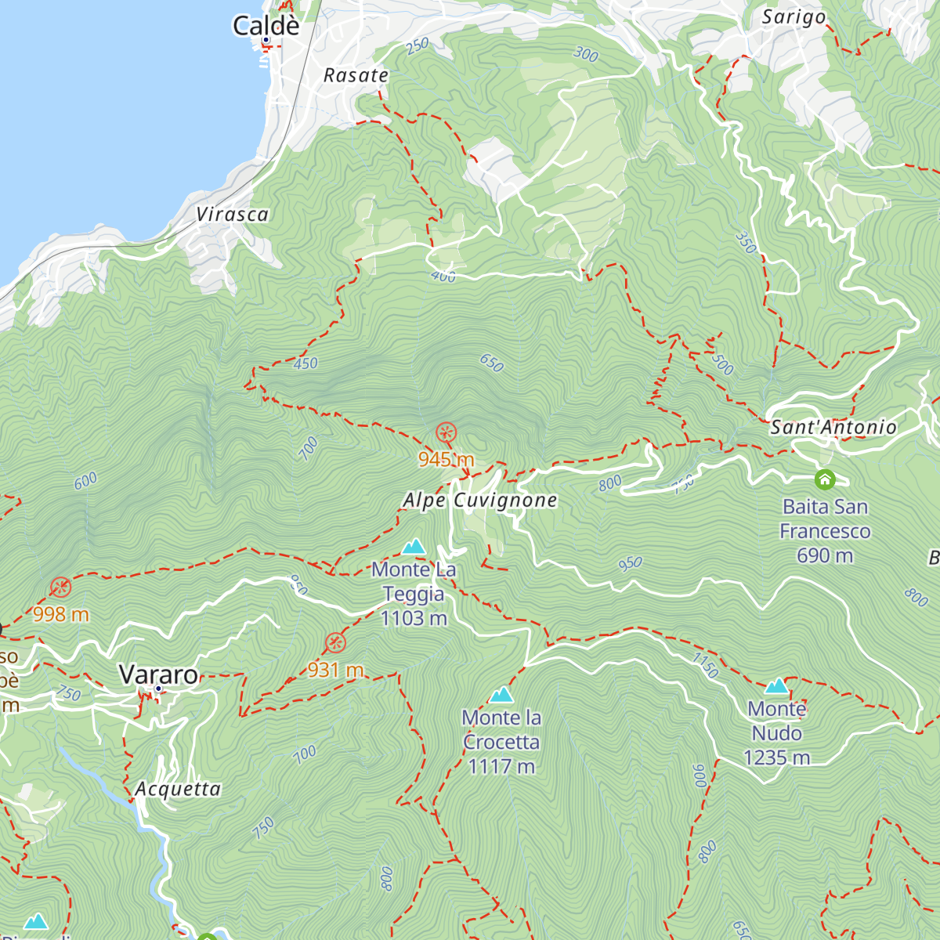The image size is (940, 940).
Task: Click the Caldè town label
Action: [x=266, y=25]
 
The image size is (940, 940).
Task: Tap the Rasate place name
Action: [x=356, y=75]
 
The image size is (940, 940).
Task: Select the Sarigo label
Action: [x=794, y=17]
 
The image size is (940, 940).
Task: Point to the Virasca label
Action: [x=232, y=215]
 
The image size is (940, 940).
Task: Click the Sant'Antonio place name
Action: [x=833, y=427]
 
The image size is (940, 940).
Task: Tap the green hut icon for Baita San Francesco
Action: [x=824, y=479]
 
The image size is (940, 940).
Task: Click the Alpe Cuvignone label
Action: [x=479, y=501]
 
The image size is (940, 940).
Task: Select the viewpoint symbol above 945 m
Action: [x=446, y=432]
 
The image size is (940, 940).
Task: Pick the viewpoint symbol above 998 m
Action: [x=60, y=587]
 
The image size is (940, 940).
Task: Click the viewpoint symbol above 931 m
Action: [x=335, y=643]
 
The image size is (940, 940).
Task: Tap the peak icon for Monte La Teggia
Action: [x=414, y=546]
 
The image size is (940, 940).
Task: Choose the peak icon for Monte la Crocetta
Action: [x=501, y=694]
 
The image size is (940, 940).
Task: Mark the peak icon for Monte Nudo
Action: [x=776, y=686]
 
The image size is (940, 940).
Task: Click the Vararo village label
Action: [x=159, y=674]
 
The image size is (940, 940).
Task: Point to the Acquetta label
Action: [x=178, y=789]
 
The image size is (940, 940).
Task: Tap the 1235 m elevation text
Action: [x=776, y=757]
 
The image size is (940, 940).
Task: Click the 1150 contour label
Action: [x=705, y=666]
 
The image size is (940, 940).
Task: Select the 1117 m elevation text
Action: [x=501, y=766]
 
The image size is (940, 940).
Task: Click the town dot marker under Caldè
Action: [x=266, y=40]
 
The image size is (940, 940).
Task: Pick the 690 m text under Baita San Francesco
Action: [x=824, y=555]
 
